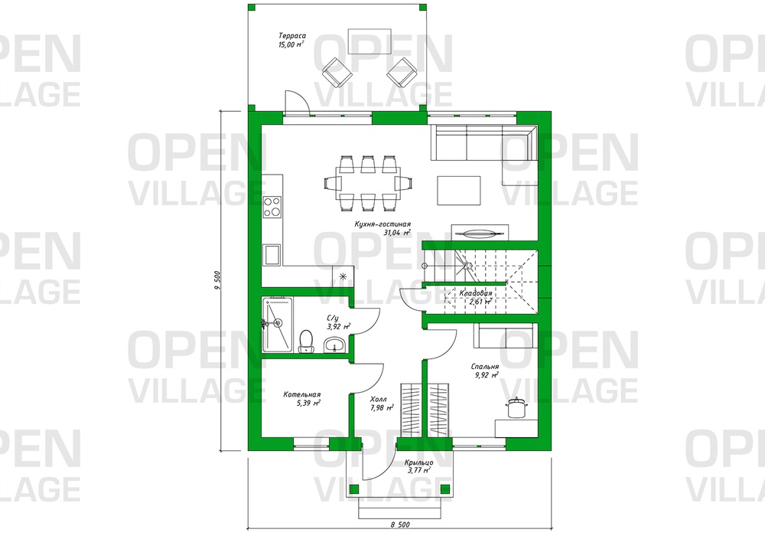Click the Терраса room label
pyautogui.click(x=291, y=40)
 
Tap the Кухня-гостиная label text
pyautogui.click(x=383, y=228)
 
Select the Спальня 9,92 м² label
pyautogui.click(x=485, y=371)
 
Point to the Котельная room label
pyautogui.click(x=302, y=399)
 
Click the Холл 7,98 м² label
pyautogui.click(x=382, y=404)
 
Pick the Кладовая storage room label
pyautogui.click(x=475, y=297)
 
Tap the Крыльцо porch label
pyautogui.click(x=418, y=466)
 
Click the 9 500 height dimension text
pyautogui.click(x=217, y=281)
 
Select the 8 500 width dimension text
pyautogui.click(x=400, y=525)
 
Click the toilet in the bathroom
pyautogui.click(x=306, y=341)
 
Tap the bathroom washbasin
pyautogui.click(x=335, y=344)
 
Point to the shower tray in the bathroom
pyautogui.click(x=277, y=324)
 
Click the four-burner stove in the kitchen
pyautogui.click(x=272, y=206)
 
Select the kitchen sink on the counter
pyautogui.click(x=272, y=254)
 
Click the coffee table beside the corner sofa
pyautogui.click(x=459, y=191)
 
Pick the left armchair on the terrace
pyautogui.click(x=337, y=72)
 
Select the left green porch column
pyautogui.click(x=355, y=489)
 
